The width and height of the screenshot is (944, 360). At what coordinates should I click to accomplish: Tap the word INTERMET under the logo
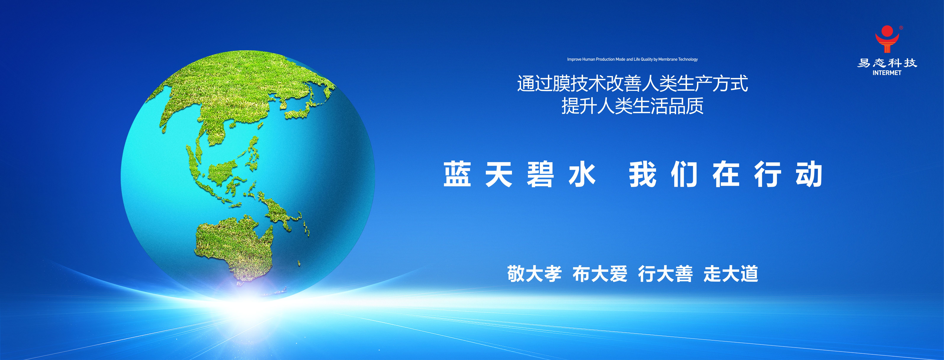887,73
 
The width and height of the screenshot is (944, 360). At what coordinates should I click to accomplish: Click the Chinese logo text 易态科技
887,63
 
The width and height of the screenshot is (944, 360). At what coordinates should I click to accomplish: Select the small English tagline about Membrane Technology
632,59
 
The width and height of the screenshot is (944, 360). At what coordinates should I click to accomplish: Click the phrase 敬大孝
534,274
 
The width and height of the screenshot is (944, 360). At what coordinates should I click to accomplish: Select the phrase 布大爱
600,274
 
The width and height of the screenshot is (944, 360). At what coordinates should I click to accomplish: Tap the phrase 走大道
731,274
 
